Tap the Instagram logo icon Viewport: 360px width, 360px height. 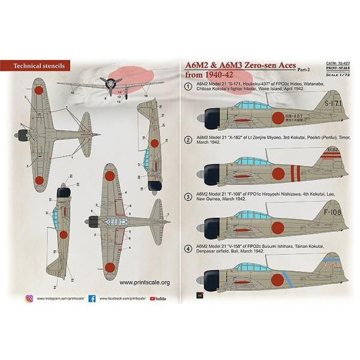point(29,298)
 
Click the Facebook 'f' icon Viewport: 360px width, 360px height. point(92,298)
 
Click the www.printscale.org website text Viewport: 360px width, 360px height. point(145,282)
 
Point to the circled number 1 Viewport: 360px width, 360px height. point(188,87)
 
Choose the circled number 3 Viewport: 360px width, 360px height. point(188,196)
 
